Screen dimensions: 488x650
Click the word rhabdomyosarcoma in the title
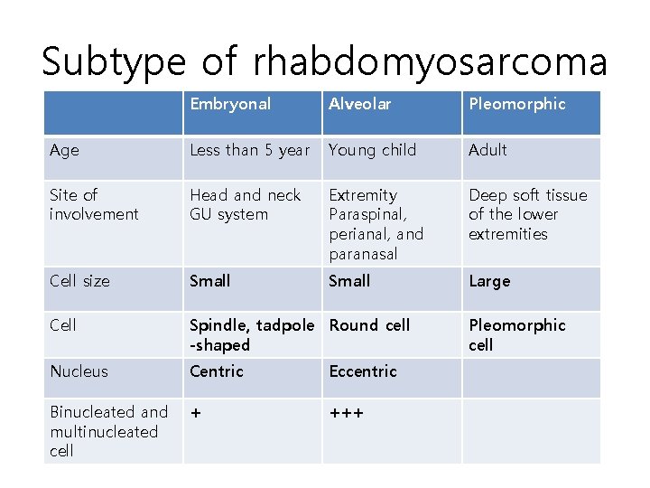click(430, 62)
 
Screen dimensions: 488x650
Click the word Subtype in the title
click(114, 62)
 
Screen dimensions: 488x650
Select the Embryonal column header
click(230, 104)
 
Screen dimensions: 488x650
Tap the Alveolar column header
click(360, 104)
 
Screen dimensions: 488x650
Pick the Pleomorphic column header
click(516, 104)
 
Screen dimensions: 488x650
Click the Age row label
click(64, 150)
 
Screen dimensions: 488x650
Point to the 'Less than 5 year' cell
click(249, 150)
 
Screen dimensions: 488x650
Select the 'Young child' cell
click(372, 150)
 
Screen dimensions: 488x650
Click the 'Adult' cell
click(487, 150)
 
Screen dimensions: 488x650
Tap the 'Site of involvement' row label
click(94, 204)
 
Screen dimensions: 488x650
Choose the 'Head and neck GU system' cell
click(245, 204)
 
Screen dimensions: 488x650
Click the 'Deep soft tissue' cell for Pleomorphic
click(527, 214)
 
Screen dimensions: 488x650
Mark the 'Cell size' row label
click(79, 281)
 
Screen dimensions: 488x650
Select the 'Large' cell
click(489, 281)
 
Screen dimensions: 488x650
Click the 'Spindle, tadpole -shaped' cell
click(252, 334)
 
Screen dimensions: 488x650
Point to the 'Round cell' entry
click(369, 325)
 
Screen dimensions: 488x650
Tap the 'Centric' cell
click(217, 371)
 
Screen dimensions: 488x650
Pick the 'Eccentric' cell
click(363, 371)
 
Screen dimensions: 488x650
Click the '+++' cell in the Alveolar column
click(347, 413)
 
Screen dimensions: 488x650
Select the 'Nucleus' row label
click(79, 371)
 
